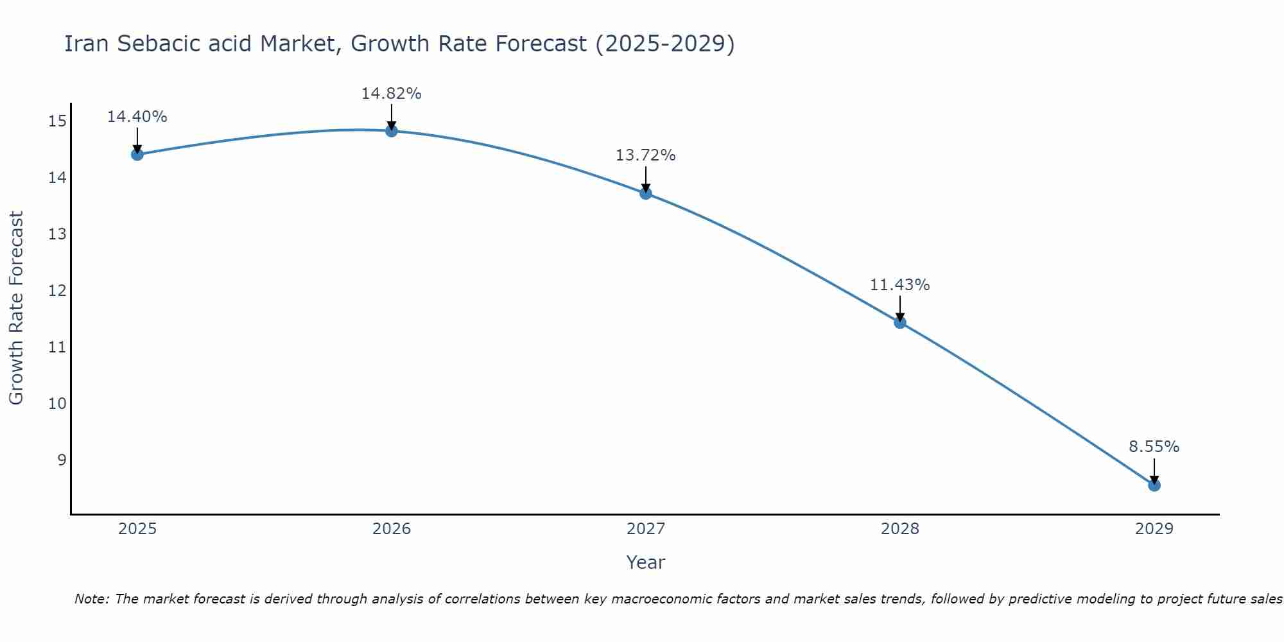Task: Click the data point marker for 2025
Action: click(137, 154)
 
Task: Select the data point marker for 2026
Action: click(391, 131)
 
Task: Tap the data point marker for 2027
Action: click(646, 193)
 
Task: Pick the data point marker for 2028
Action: click(900, 322)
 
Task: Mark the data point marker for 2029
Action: click(1154, 485)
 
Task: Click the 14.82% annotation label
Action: click(391, 94)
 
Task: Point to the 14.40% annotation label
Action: click(137, 117)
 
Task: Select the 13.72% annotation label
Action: click(646, 155)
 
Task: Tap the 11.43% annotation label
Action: click(900, 285)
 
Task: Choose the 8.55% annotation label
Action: click(1154, 447)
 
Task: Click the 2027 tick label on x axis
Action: click(646, 529)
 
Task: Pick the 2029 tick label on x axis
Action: click(1154, 529)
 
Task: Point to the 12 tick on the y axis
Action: click(57, 291)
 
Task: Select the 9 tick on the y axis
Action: click(62, 460)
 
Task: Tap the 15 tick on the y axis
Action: click(57, 121)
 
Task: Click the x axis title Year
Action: click(646, 562)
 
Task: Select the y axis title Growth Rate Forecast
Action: click(16, 308)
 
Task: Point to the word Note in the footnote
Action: click(92, 599)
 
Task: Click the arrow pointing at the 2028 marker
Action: click(900, 309)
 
